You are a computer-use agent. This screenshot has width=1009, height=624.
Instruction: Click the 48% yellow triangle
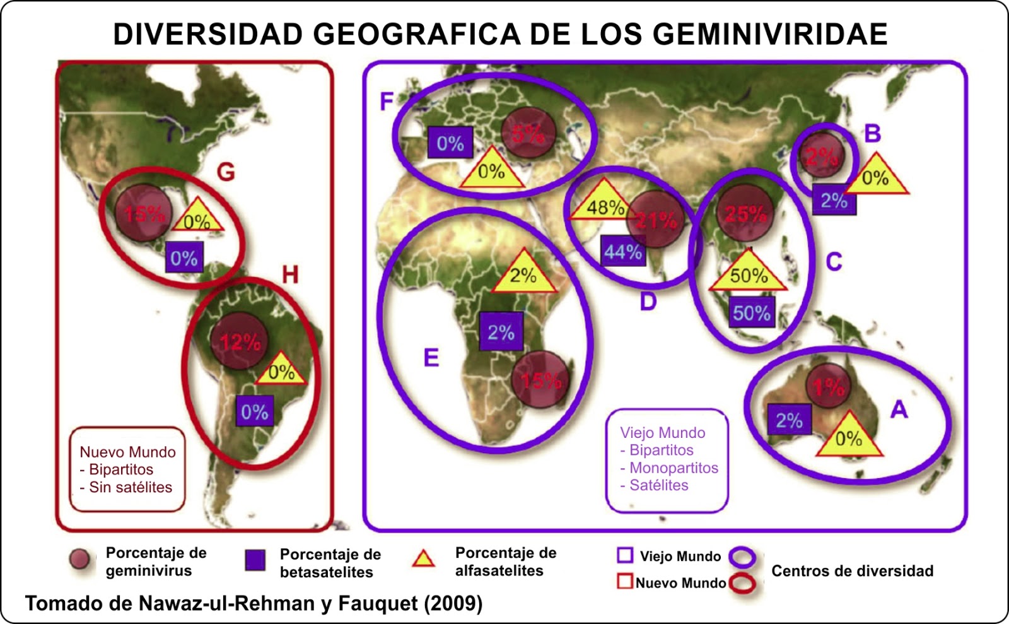pos(604,204)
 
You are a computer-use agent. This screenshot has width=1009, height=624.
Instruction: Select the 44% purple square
pos(622,252)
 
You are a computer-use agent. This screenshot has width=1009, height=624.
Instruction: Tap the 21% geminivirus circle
pos(656,220)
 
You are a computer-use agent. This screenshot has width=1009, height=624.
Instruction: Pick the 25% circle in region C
pos(745,213)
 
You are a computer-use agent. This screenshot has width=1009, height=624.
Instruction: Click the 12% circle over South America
pos(240,341)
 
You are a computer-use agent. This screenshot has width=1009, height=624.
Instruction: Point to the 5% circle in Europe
pos(528,133)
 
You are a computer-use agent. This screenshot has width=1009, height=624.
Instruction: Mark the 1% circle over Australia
pos(828,386)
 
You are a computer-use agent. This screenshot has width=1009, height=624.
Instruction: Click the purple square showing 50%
pos(751,313)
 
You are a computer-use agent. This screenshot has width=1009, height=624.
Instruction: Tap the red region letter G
pos(226,172)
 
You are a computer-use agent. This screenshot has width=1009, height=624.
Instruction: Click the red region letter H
pos(290,274)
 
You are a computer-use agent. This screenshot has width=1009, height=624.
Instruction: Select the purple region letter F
pos(387,101)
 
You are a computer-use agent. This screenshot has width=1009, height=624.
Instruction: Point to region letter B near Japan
pos(872,134)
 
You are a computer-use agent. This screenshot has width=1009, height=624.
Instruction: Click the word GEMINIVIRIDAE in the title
pos(770,34)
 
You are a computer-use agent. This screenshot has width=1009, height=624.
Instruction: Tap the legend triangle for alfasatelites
pos(423,559)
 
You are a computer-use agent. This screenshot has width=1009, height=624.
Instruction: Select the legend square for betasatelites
pos(255,560)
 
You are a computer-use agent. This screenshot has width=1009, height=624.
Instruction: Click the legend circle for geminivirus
pos(80,559)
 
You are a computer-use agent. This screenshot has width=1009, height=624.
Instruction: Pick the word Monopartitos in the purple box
pos(674,468)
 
